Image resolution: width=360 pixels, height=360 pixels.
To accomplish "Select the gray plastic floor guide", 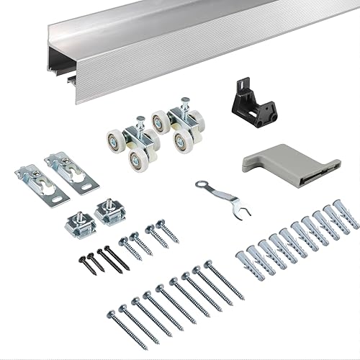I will [288, 161].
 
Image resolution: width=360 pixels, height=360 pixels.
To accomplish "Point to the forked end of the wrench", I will [243, 212].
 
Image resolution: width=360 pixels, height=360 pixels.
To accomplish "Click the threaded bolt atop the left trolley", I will [140, 122].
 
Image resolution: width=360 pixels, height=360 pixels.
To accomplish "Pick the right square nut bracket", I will [109, 212].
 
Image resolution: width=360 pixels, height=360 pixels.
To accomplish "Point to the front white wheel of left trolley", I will [137, 159].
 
